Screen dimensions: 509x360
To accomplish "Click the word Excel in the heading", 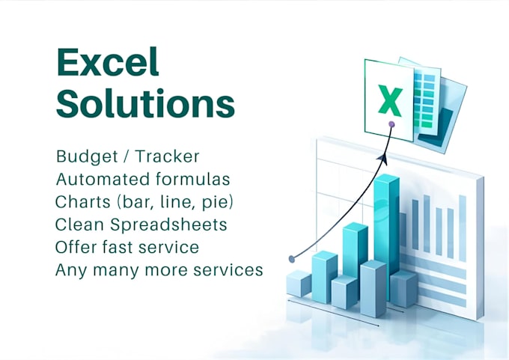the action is click(x=108, y=61).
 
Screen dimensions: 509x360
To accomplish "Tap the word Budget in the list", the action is click(x=87, y=157).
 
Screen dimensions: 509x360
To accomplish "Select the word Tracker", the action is click(x=167, y=156).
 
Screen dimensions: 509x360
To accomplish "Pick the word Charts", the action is click(x=83, y=202).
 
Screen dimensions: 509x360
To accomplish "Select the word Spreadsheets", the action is click(x=168, y=225).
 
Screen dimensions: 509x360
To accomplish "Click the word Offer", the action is click(x=76, y=247).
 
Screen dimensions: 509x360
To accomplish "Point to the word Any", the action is click(x=71, y=271).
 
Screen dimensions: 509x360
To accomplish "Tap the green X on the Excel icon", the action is click(x=390, y=100).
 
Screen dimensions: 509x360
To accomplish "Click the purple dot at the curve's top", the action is click(x=391, y=124).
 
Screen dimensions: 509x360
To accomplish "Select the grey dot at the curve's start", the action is click(x=292, y=259).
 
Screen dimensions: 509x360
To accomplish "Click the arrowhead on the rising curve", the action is click(x=382, y=159).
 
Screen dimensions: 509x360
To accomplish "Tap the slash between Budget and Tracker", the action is click(x=127, y=156).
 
